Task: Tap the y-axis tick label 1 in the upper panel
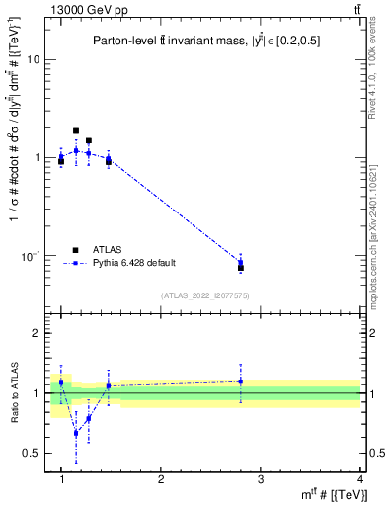coord(39,158)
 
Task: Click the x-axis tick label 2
coord(161,477)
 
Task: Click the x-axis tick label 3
coord(261,477)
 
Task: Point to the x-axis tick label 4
coord(359,477)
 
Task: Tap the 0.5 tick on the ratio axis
coord(35,453)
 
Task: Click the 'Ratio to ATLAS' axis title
coord(14,393)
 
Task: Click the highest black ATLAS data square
coord(76,130)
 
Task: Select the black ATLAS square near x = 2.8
coord(241,268)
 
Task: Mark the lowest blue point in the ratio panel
coord(76,433)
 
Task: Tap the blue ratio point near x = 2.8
coord(241,381)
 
